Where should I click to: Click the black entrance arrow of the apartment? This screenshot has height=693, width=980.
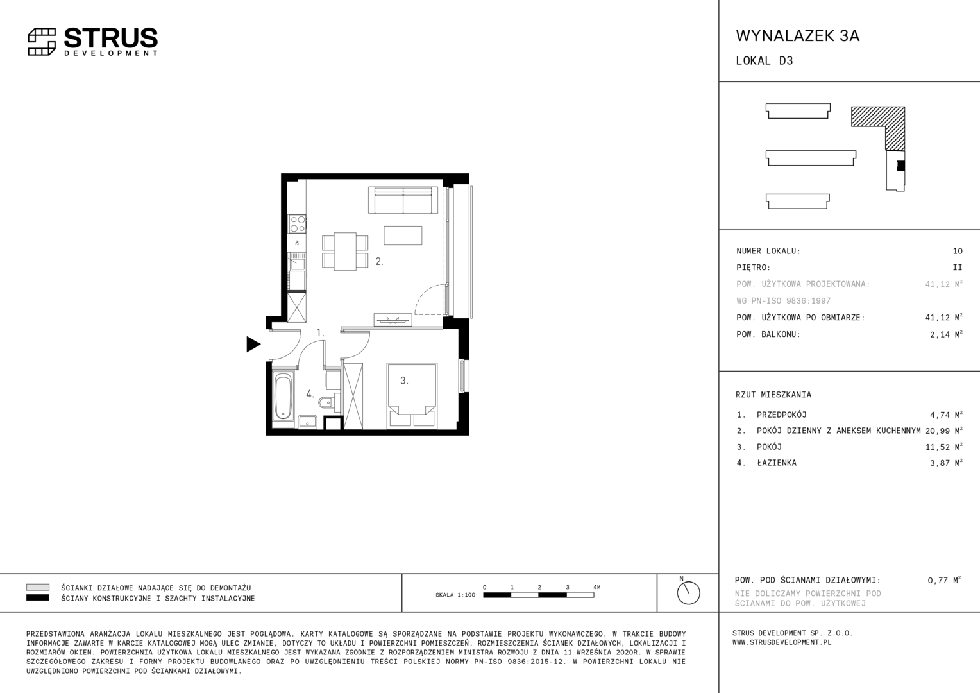click(253, 344)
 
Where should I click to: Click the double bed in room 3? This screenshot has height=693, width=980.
click(412, 395)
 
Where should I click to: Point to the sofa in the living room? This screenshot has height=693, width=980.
click(403, 200)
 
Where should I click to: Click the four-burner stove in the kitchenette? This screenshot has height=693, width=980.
click(297, 224)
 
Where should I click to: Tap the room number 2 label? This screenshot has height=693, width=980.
click(379, 261)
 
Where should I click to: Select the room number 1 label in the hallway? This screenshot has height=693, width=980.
click(320, 333)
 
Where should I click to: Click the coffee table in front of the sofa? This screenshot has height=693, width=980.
click(403, 235)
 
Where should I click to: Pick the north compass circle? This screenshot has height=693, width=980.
click(689, 593)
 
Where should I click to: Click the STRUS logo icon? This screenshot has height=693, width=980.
click(42, 42)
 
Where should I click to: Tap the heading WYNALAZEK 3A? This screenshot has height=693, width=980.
click(798, 36)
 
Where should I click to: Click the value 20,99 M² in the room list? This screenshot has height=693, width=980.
click(943, 431)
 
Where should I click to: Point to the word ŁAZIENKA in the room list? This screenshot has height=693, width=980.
click(777, 463)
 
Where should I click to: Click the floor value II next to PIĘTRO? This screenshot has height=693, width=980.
click(958, 268)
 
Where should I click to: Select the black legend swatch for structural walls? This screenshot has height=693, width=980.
click(38, 597)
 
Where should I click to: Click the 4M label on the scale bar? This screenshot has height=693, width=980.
click(596, 587)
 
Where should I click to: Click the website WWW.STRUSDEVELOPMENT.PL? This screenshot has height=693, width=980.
click(782, 642)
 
